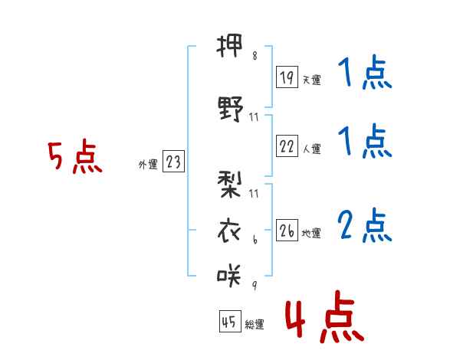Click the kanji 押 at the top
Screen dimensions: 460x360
point(229,46)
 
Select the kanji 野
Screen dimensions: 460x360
point(231,109)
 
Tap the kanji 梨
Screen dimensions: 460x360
point(229,185)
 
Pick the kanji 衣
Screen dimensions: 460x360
point(229,231)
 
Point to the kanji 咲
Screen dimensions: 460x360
point(229,275)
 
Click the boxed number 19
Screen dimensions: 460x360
point(287,77)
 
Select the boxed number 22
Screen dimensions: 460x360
point(287,146)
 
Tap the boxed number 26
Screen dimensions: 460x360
point(287,230)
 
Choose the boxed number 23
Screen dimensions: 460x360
point(173,161)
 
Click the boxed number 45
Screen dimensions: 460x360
point(230,321)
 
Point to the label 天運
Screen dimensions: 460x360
point(312,80)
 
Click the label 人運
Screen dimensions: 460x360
point(312,149)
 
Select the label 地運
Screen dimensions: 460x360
point(311,233)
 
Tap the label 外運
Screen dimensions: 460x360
point(148,164)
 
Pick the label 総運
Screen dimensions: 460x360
point(255,324)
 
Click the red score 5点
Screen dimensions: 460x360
point(75,156)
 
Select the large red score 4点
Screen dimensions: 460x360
point(325,316)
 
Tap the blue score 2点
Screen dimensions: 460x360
point(365,225)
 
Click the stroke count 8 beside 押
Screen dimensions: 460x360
point(255,56)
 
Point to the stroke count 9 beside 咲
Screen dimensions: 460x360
point(255,285)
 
